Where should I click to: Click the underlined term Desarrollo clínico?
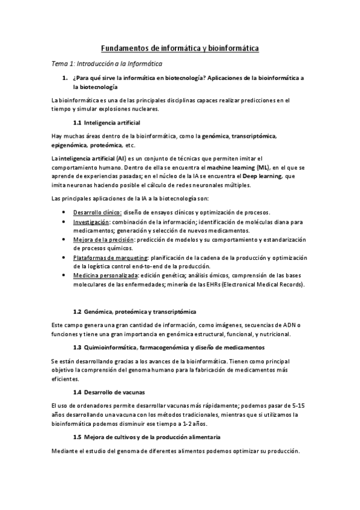[x=97, y=212]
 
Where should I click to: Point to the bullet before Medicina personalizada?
[x=64, y=275]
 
